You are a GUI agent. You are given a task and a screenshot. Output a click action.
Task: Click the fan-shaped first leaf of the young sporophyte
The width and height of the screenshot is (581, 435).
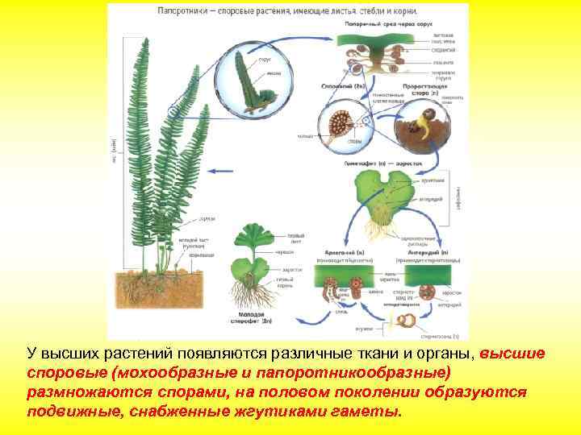point(251,241)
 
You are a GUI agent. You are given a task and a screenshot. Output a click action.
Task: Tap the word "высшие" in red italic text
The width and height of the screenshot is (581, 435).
point(512,354)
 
